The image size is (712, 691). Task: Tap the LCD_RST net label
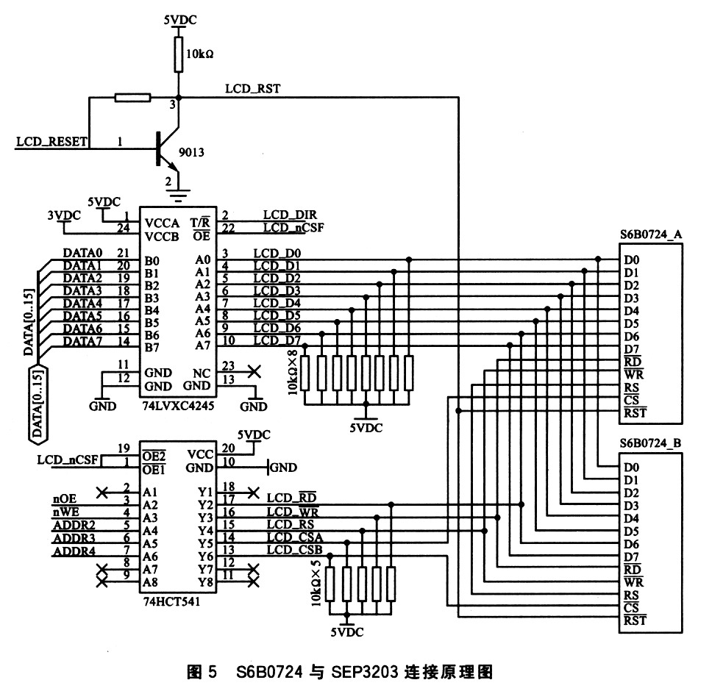coord(252,89)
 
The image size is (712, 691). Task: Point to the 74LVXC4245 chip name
coord(179,405)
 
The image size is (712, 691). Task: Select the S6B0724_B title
coord(652,443)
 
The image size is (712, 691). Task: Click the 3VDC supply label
coord(63,215)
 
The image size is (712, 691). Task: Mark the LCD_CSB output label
coord(295,550)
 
